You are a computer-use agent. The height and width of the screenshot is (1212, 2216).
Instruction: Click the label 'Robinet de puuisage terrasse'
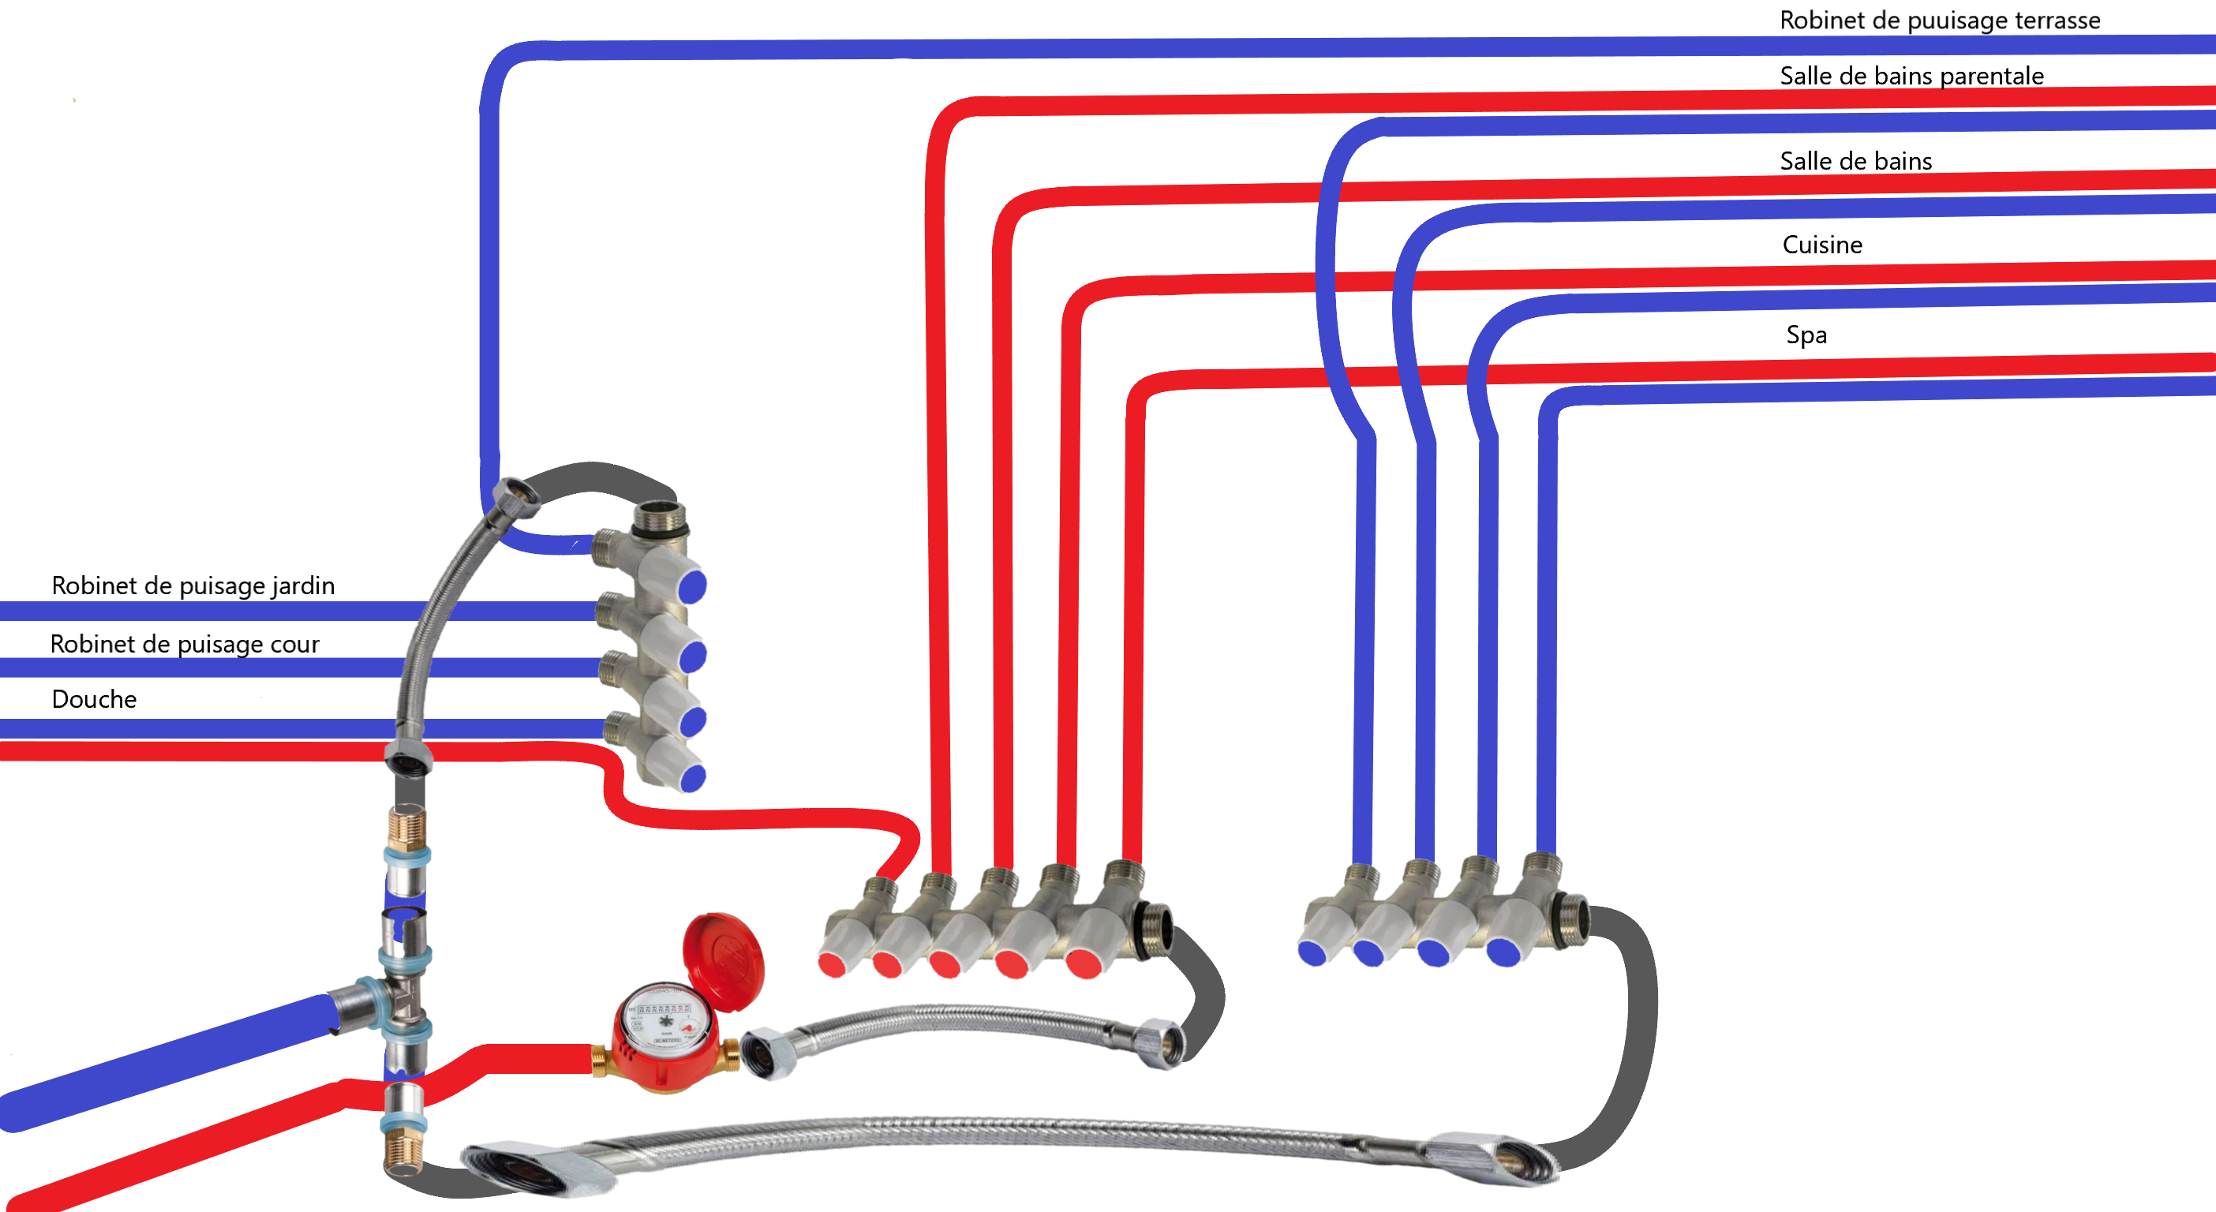[x=1939, y=20]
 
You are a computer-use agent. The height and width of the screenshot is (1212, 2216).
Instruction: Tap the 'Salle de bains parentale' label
[x=1911, y=76]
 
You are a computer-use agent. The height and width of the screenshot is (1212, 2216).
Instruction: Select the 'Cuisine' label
[x=1822, y=245]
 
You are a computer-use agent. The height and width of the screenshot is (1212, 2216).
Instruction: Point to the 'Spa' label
[x=1806, y=335]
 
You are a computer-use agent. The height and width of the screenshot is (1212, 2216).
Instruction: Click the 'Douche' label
[x=94, y=699]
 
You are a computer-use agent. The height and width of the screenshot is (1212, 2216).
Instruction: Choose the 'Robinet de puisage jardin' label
[x=193, y=585]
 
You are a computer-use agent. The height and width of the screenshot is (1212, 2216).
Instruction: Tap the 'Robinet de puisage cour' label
[x=184, y=645]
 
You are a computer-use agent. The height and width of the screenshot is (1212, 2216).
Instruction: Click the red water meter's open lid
[x=723, y=961]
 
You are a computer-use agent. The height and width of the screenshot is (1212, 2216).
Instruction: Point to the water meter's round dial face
[x=665, y=1023]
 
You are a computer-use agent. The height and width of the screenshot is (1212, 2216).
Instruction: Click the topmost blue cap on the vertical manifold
[x=691, y=586]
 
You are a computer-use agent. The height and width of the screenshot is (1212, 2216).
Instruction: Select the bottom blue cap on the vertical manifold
[x=691, y=776]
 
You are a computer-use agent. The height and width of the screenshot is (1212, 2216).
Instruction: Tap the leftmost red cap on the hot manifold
[x=832, y=964]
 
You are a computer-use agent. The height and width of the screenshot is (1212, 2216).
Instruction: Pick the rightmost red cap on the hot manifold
[x=1083, y=963]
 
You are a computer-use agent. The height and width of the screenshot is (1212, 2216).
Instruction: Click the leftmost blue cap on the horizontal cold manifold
[x=1312, y=953]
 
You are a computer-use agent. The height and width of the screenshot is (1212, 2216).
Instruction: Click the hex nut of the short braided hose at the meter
[x=762, y=1053]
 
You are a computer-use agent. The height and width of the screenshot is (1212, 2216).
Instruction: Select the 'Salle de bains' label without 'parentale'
[x=1855, y=161]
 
